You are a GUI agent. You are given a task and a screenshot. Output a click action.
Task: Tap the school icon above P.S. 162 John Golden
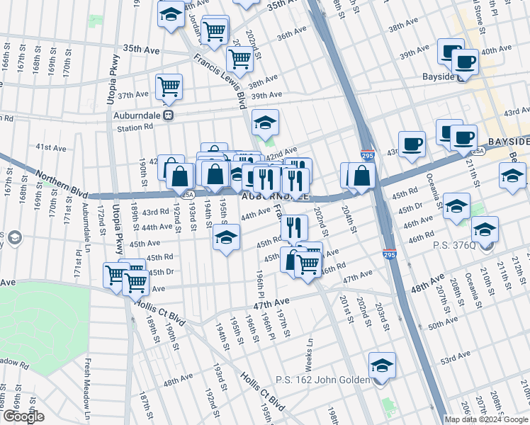pyautogui.click(x=382, y=365)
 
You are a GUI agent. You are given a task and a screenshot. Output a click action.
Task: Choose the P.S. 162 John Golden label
pyautogui.click(x=322, y=380)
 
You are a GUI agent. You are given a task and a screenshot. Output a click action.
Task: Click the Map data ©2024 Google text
pyautogui.click(x=486, y=419)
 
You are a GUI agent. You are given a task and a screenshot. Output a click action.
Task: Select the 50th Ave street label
pyautogui.click(x=444, y=323)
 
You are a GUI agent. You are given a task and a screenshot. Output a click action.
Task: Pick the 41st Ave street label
pyautogui.click(x=51, y=147)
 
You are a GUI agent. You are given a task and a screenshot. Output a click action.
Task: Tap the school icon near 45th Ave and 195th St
pyautogui.click(x=226, y=238)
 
